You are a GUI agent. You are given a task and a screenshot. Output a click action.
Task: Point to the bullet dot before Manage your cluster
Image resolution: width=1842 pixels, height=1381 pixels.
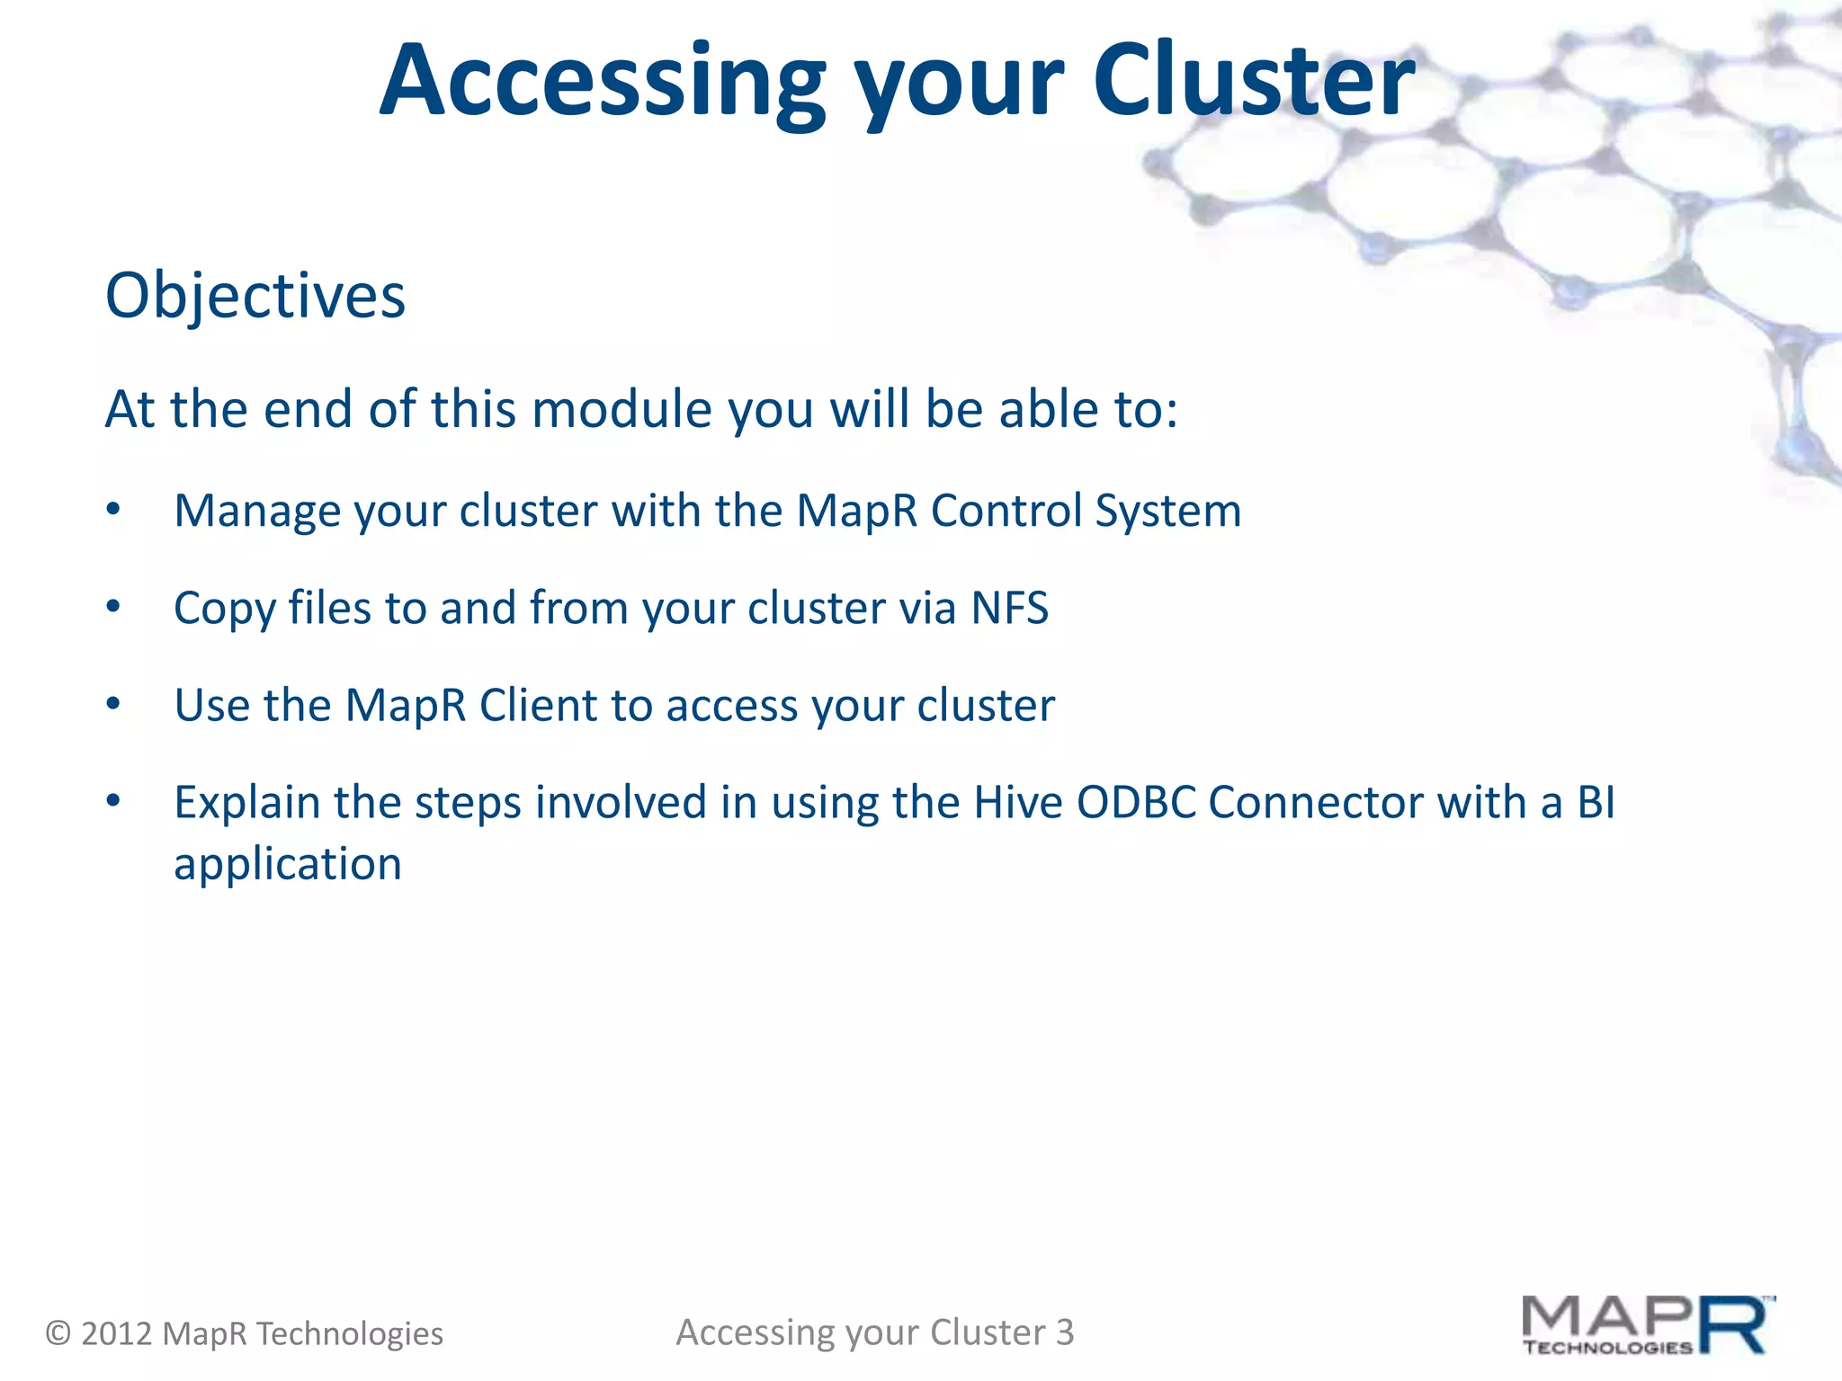click(112, 509)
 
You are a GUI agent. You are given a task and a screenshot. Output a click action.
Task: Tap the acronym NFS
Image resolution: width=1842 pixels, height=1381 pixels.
click(1009, 608)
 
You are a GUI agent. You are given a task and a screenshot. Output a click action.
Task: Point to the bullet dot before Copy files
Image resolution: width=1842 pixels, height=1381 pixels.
click(112, 607)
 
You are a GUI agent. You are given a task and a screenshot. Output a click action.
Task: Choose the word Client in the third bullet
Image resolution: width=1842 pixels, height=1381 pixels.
click(538, 705)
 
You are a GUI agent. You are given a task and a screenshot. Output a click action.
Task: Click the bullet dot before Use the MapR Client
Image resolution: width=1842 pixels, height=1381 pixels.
click(112, 704)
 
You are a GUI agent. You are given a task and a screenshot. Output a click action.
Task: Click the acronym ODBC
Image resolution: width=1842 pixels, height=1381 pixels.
click(1137, 802)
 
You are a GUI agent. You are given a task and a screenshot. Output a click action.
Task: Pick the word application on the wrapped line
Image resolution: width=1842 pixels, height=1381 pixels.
click(288, 865)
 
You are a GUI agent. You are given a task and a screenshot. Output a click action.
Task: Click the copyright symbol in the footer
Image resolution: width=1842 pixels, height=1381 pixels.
click(58, 1332)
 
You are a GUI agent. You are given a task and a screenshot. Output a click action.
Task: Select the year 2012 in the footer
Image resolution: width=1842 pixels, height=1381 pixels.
click(116, 1333)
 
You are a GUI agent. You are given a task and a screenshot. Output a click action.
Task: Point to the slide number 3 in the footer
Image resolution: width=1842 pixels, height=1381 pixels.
click(1064, 1332)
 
